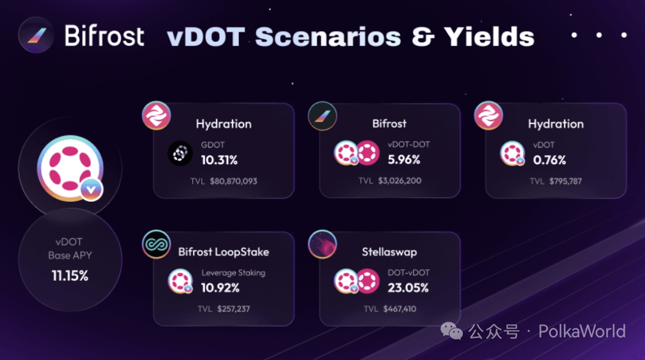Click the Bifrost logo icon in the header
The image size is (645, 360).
tap(36, 35)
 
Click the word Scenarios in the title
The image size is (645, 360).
tap(328, 37)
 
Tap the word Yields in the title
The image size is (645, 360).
tap(489, 37)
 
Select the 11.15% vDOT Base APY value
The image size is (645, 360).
tap(70, 276)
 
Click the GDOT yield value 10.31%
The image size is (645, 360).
tap(219, 160)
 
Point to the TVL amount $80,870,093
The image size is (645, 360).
tap(234, 181)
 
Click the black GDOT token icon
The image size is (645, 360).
tap(180, 153)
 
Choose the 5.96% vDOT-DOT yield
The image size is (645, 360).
tap(404, 159)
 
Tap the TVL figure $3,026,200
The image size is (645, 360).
tap(400, 181)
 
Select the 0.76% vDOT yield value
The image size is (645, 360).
tap(549, 160)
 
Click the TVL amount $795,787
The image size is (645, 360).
tap(565, 181)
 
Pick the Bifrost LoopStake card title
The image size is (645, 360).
tap(223, 252)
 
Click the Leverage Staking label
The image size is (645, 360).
tap(234, 273)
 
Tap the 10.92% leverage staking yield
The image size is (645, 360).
tap(220, 288)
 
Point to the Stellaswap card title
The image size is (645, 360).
tap(389, 252)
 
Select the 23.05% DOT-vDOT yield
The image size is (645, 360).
tap(408, 288)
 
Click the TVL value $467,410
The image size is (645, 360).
tap(400, 309)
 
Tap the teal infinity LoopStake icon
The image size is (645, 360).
tap(156, 244)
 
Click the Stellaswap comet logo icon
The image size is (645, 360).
tap(322, 244)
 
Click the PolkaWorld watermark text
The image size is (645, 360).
tap(582, 331)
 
